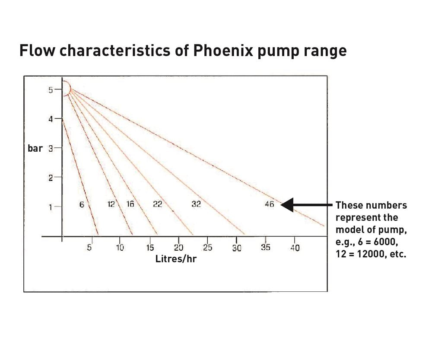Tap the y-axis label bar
pyautogui.click(x=35, y=148)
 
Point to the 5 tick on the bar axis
pyautogui.click(x=51, y=90)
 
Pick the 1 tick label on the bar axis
pyautogui.click(x=51, y=207)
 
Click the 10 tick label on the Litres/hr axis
pyautogui.click(x=120, y=248)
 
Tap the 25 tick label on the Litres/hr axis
pyautogui.click(x=207, y=248)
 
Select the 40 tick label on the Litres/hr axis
pyautogui.click(x=295, y=248)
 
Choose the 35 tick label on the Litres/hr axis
pyautogui.click(x=266, y=248)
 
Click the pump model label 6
pyautogui.click(x=81, y=204)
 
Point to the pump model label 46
pyautogui.click(x=269, y=204)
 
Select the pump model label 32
pyautogui.click(x=196, y=204)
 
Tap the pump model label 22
pyautogui.click(x=158, y=204)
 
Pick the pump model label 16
pyautogui.click(x=130, y=204)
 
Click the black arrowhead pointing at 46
pyautogui.click(x=287, y=204)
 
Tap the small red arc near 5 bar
pyautogui.click(x=66, y=88)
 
